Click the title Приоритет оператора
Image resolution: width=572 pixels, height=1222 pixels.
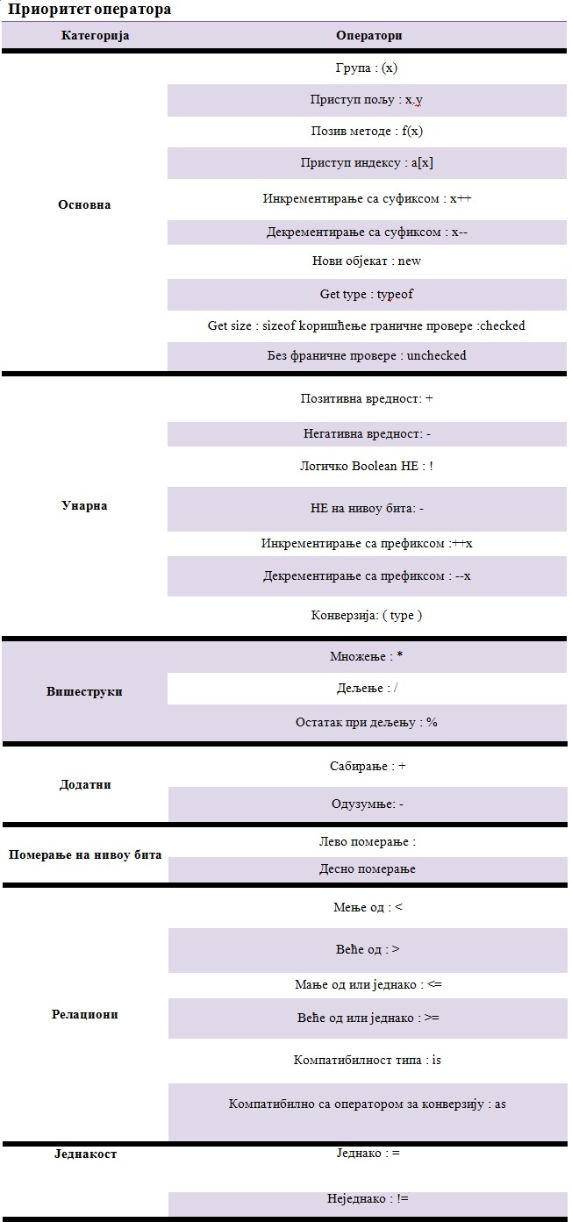[x=89, y=10]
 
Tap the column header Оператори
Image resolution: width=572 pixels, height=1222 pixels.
[x=368, y=36]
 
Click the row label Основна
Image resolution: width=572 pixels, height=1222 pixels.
[x=84, y=204]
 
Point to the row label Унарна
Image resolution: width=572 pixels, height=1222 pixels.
[x=84, y=505]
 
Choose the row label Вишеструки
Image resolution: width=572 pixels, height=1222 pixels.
[x=84, y=691]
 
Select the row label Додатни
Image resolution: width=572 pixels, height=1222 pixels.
[x=84, y=784]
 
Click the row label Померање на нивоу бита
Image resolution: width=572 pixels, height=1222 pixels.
[x=85, y=854]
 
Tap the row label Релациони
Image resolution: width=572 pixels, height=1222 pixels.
[x=84, y=1014]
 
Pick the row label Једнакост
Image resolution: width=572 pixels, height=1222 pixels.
[x=84, y=1154]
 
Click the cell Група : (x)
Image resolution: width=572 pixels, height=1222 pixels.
[x=367, y=68]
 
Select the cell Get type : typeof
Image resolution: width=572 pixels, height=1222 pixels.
[x=367, y=294]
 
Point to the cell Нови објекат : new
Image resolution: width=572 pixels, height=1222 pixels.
[x=367, y=261]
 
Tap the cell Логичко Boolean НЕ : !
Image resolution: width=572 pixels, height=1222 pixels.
[x=367, y=466]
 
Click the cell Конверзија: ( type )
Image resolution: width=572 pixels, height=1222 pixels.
[x=367, y=615]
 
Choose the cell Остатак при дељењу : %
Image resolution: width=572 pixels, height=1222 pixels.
[x=367, y=723]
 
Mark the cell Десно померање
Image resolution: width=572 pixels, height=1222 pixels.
[x=367, y=868]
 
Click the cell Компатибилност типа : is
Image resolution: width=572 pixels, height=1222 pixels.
[x=367, y=1060]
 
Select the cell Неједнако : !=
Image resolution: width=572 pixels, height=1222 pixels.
[x=367, y=1198]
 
